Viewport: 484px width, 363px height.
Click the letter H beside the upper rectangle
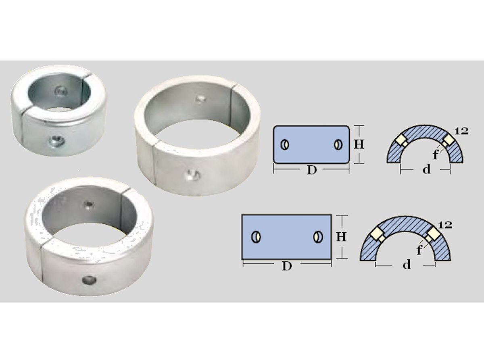click(359, 144)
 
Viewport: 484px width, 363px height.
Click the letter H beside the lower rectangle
click(341, 237)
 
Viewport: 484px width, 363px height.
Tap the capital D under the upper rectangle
click(311, 170)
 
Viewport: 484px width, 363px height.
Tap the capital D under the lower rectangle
click(287, 266)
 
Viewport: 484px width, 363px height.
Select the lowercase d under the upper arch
click(426, 169)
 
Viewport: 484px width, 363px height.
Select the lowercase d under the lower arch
click(407, 264)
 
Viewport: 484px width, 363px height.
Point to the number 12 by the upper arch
click(461, 131)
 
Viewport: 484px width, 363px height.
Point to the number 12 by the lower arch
click(445, 225)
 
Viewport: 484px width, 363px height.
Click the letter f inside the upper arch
click(436, 154)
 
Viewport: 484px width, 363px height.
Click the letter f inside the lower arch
click(419, 250)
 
